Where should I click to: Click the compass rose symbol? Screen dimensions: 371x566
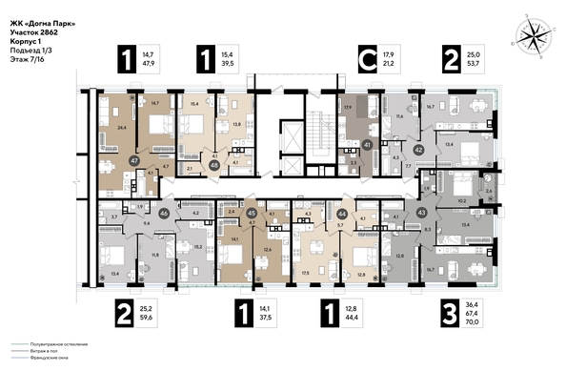coord(531,37)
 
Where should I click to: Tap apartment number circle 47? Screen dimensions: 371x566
coord(134,161)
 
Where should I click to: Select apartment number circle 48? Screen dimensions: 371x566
coord(214,163)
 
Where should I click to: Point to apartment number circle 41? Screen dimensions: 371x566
coord(367,145)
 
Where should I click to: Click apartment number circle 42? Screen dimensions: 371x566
coord(418,149)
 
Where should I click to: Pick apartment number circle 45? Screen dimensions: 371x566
coord(252,215)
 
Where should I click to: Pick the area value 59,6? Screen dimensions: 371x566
coord(147,318)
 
